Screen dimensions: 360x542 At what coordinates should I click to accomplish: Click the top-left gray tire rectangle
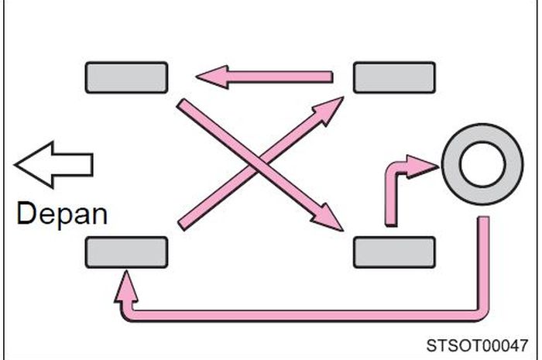pos(126,77)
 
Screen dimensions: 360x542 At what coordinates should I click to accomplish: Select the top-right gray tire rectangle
pos(394,77)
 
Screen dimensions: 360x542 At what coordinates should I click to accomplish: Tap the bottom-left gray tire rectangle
pos(126,252)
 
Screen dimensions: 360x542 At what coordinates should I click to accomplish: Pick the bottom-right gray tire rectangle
pos(394,252)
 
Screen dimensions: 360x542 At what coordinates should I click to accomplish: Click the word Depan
pos(62,213)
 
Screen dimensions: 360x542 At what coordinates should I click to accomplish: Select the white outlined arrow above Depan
pos(54,164)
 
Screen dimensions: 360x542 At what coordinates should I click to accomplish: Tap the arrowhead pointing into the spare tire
pos(425,164)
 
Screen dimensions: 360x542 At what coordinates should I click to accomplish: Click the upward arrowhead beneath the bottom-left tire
pos(125,285)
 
